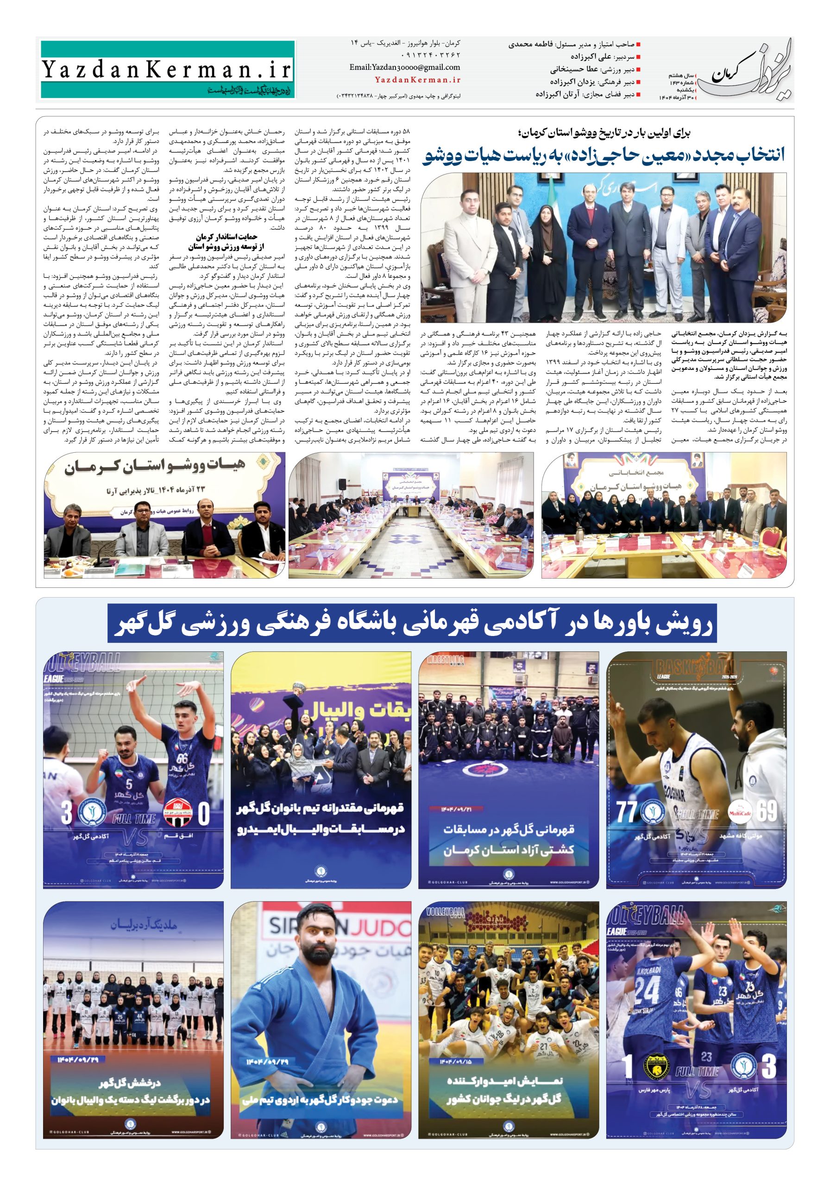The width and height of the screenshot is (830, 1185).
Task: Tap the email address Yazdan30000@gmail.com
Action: tap(404, 67)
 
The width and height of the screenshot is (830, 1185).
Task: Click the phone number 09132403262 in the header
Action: tap(430, 55)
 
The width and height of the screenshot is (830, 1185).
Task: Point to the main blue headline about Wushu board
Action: tap(603, 155)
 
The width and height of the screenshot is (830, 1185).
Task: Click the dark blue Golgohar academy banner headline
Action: tap(412, 624)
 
